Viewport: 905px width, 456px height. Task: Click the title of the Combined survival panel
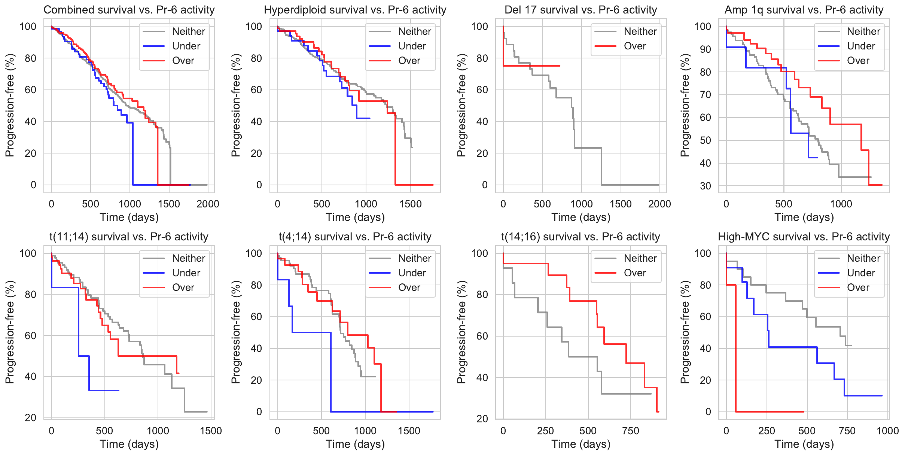[129, 10]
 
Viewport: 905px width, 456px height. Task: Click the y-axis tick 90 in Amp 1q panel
[706, 49]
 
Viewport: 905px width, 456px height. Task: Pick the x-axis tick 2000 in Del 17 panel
[659, 204]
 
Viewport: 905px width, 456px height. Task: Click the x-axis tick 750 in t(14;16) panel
[631, 431]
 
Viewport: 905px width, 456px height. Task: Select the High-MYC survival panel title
[804, 237]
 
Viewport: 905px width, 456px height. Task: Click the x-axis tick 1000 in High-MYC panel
[888, 431]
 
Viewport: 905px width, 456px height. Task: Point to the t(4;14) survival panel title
[355, 237]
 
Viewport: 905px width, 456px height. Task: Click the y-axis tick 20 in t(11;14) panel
[31, 418]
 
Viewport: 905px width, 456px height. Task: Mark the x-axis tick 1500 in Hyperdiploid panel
[411, 204]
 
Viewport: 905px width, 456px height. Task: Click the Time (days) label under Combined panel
[129, 217]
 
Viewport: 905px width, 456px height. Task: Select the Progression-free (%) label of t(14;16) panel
[461, 332]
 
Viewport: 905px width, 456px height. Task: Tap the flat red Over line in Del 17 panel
[531, 66]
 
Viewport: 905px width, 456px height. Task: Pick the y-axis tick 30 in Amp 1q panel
[706, 186]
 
